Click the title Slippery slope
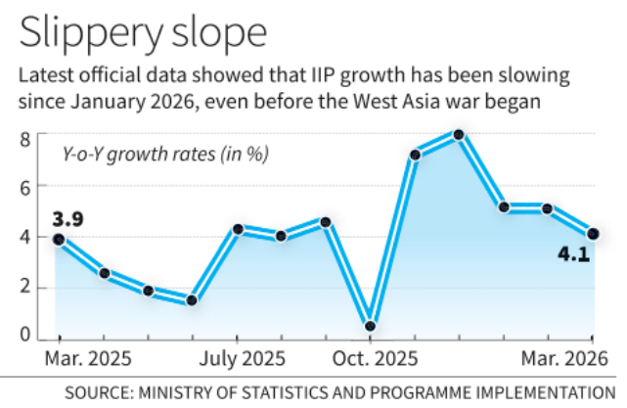pyautogui.click(x=143, y=31)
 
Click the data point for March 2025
pyautogui.click(x=59, y=239)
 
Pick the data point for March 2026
pyautogui.click(x=592, y=234)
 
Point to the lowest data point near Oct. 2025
pyautogui.click(x=371, y=326)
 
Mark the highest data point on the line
pyautogui.click(x=458, y=134)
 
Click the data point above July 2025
pyautogui.click(x=238, y=229)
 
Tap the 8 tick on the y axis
pyautogui.click(x=26, y=138)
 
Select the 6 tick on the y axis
pyautogui.click(x=26, y=186)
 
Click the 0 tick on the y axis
pyautogui.click(x=26, y=335)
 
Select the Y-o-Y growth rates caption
pyautogui.click(x=165, y=155)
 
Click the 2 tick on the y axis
pyautogui.click(x=26, y=287)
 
